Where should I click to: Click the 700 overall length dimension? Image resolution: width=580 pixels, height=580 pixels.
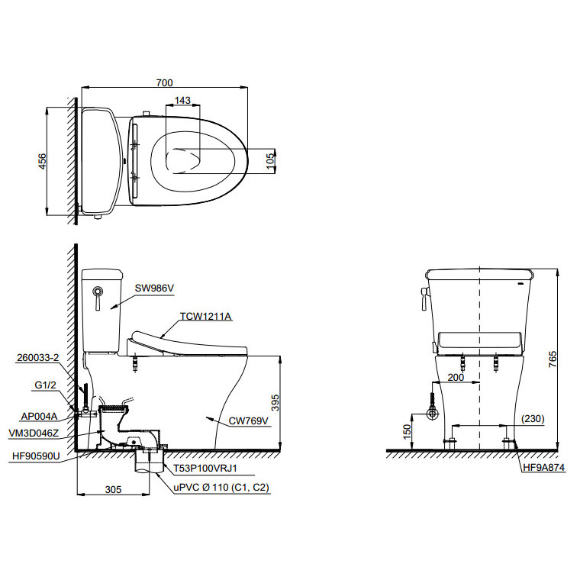164,82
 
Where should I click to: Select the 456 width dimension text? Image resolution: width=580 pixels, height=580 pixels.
43,161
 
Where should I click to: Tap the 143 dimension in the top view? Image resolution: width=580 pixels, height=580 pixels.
182,100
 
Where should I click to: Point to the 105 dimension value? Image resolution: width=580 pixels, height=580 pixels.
270,161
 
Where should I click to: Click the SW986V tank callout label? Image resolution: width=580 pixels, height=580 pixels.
154,288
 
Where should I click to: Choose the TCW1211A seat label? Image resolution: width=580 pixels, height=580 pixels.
205,316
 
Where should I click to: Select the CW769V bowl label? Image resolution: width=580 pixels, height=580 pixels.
248,421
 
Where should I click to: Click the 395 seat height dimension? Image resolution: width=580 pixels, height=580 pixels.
275,403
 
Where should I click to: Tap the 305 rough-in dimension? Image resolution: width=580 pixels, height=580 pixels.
113,489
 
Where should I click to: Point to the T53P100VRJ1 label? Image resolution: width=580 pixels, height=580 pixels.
205,469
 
